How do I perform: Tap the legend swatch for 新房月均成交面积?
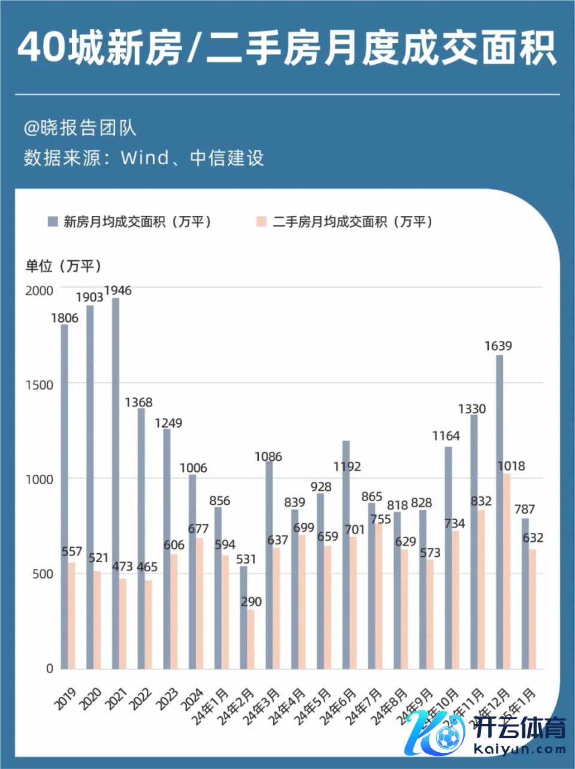pyautogui.click(x=53, y=222)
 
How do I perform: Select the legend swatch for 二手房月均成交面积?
pyautogui.click(x=261, y=222)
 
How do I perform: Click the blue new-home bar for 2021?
pyautogui.click(x=116, y=482)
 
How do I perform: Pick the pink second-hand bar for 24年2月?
pyautogui.click(x=251, y=639)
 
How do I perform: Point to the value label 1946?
pyautogui.click(x=118, y=291)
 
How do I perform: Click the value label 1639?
pyautogui.click(x=498, y=346)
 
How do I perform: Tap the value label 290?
pyautogui.click(x=251, y=601)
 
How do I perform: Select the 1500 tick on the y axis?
pyautogui.click(x=40, y=385)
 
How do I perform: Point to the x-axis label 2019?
pyautogui.click(x=65, y=699)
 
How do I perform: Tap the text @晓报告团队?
pyautogui.click(x=80, y=128)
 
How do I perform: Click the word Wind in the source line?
pyautogui.click(x=144, y=158)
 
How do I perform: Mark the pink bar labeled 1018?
pyautogui.click(x=507, y=571)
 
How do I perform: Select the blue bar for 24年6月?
pyautogui.click(x=346, y=554)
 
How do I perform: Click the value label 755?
pyautogui.click(x=380, y=519)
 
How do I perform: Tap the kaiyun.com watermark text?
pyautogui.click(x=519, y=749)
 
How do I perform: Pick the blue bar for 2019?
pyautogui.click(x=64, y=496)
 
